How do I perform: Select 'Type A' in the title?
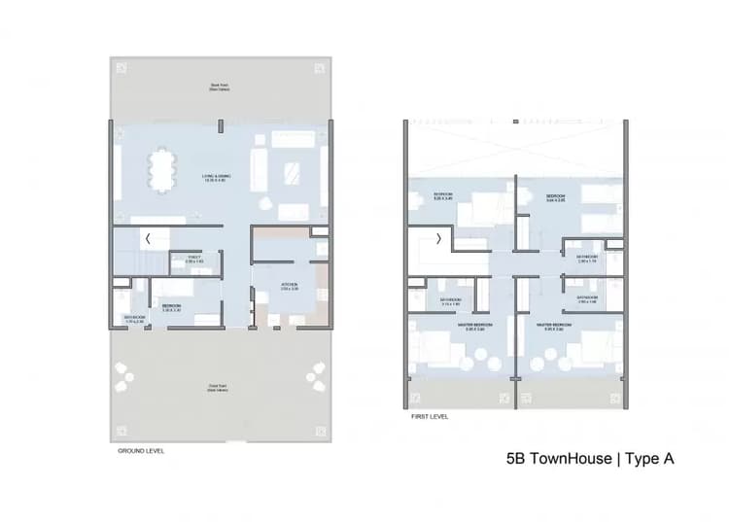click(647, 458)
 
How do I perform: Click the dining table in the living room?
click(162, 171)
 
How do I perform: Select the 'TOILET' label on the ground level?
click(193, 259)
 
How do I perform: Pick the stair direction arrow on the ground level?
click(148, 238)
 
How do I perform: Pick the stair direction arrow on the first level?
click(438, 238)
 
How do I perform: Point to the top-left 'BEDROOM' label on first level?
click(443, 196)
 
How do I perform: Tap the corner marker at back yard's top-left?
click(121, 67)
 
